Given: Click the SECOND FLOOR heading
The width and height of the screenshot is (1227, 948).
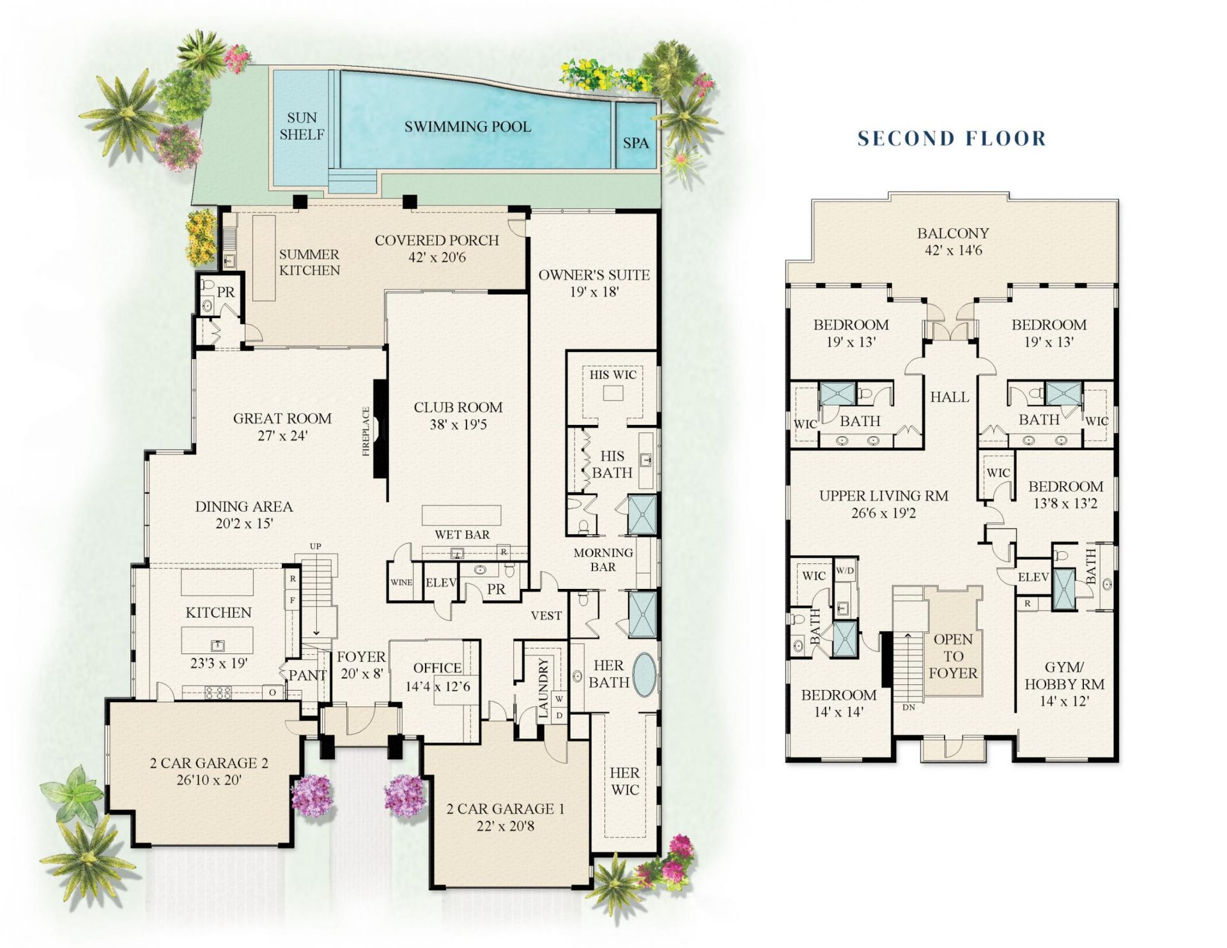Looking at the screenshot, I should pyautogui.click(x=952, y=138).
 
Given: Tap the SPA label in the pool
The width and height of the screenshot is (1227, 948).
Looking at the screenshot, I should pyautogui.click(x=636, y=143).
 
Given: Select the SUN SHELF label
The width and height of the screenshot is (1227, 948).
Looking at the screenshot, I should pyautogui.click(x=302, y=126).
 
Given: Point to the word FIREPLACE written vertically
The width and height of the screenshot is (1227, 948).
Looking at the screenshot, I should pyautogui.click(x=366, y=431).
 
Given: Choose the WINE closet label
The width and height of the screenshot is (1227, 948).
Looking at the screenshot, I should pyautogui.click(x=401, y=583).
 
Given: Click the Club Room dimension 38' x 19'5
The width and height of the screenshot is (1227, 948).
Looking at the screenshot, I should pyautogui.click(x=458, y=424).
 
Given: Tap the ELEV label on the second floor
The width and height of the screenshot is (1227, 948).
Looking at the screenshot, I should pyautogui.click(x=1033, y=577).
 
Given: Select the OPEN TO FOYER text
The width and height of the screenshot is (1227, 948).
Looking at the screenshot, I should pyautogui.click(x=953, y=656).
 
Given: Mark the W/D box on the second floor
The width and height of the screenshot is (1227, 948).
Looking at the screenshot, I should pyautogui.click(x=845, y=570).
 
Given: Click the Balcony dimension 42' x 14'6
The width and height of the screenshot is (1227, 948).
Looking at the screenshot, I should pyautogui.click(x=953, y=250).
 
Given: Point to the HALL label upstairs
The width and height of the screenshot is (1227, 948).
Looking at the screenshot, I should pyautogui.click(x=950, y=397).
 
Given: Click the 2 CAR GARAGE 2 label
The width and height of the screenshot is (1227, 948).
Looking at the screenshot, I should pyautogui.click(x=209, y=763).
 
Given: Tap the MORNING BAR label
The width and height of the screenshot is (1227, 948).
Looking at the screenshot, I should pyautogui.click(x=603, y=560).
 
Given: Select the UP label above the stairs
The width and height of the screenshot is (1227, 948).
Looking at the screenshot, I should pyautogui.click(x=316, y=546).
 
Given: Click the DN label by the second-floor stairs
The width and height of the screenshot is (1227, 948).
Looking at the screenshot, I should pyautogui.click(x=909, y=708).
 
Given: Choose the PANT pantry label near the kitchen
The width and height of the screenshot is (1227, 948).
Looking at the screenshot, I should pyautogui.click(x=307, y=675).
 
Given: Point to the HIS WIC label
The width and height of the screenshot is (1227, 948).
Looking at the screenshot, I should pyautogui.click(x=613, y=375).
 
